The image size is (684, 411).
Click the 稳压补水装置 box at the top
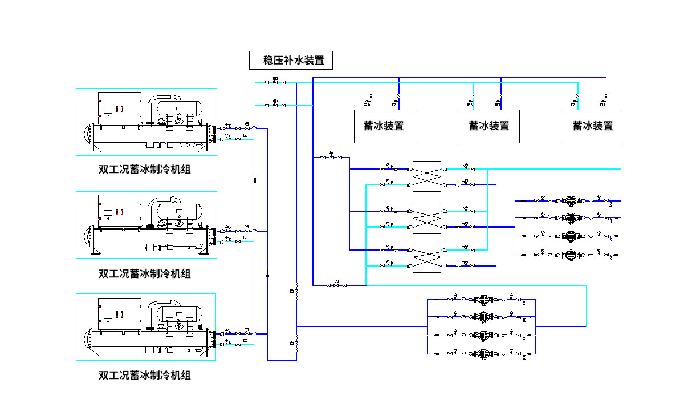[x=290, y=60]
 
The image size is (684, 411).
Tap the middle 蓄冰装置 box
[x=489, y=126]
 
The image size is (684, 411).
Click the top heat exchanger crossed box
[x=426, y=176]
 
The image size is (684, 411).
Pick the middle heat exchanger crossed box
[x=426, y=219]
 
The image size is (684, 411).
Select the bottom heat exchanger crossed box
[x=426, y=257]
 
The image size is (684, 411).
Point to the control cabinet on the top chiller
[x=119, y=108]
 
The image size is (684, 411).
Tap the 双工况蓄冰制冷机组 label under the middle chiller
[x=145, y=273]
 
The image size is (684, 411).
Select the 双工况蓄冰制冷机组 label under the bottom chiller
[x=145, y=375]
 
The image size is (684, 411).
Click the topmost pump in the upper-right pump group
[x=570, y=201]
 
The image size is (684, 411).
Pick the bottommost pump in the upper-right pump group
[x=570, y=255]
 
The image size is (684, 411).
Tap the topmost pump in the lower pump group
[x=483, y=299]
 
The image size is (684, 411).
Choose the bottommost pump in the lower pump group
[x=483, y=353]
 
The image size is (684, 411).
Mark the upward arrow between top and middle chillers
[x=255, y=180]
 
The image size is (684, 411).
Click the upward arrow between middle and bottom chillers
[x=268, y=275]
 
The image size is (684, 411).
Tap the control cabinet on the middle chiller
[x=119, y=211]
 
